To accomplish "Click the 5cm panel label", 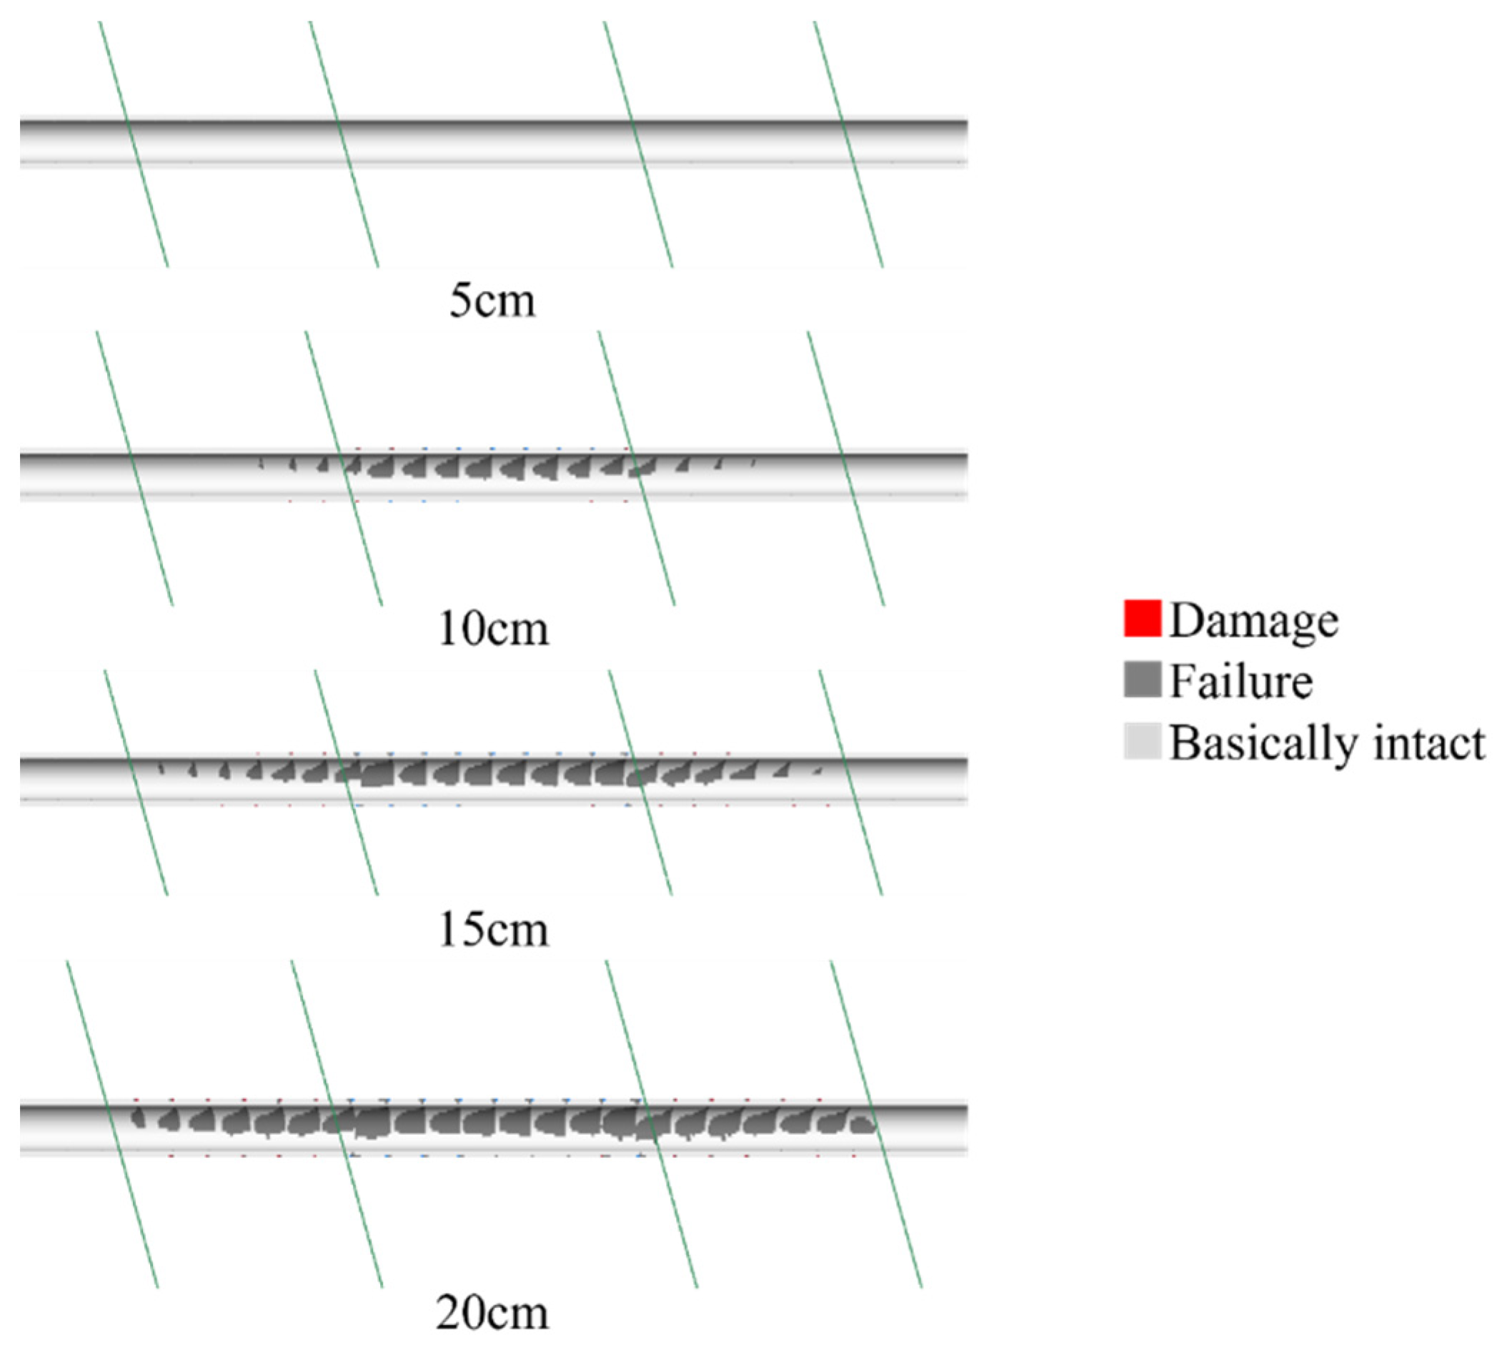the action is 492,301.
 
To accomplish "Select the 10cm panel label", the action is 494,629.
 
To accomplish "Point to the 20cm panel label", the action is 492,1312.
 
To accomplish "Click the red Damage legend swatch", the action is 1142,619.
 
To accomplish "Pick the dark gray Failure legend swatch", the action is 1142,680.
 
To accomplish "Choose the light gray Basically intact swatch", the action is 1142,740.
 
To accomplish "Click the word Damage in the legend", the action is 1253,620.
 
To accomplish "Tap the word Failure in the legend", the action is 1241,681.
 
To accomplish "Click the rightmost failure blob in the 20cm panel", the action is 862,1124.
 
